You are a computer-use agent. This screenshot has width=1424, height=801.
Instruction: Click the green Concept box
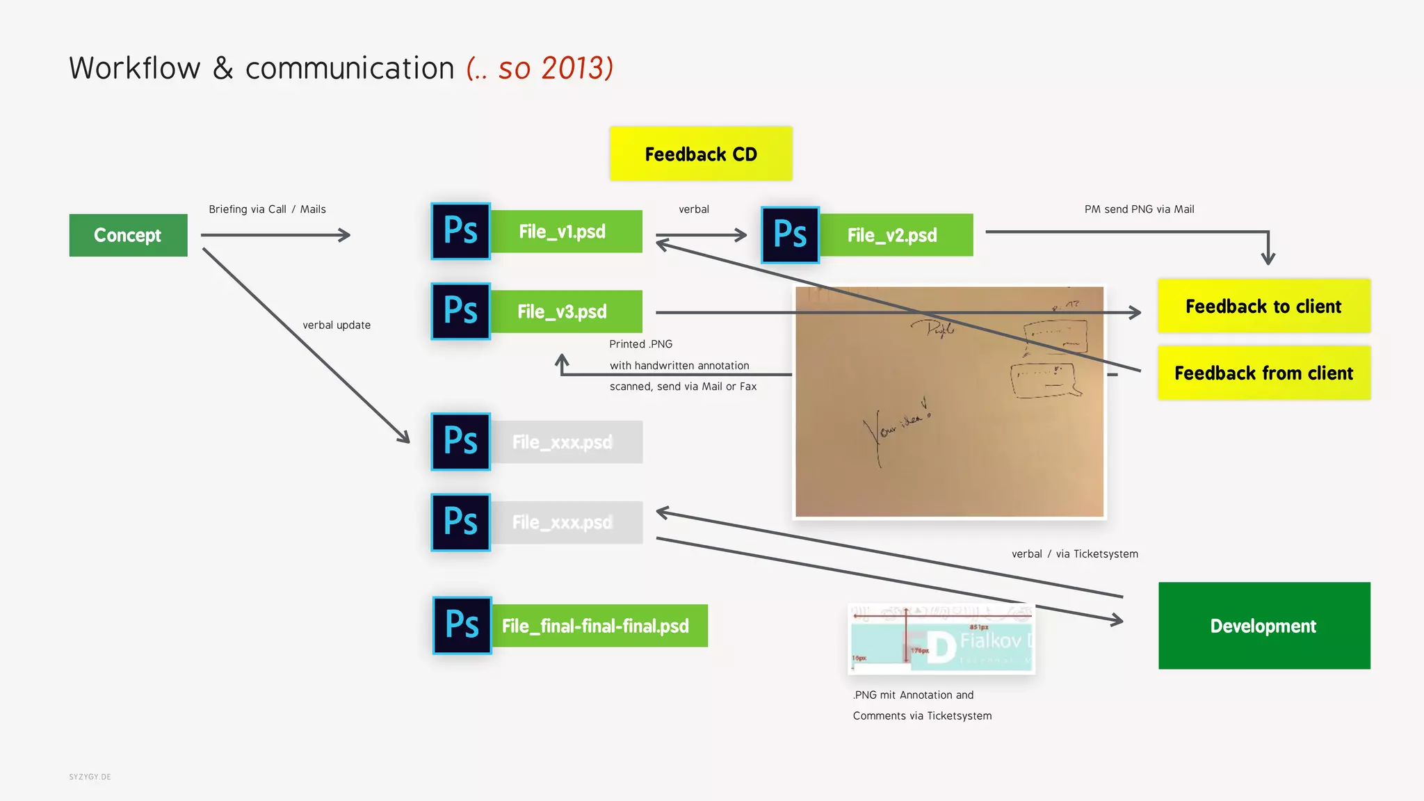128,235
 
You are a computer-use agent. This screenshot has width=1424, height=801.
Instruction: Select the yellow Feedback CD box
701,154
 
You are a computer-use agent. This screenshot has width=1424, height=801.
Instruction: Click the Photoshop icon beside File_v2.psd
790,235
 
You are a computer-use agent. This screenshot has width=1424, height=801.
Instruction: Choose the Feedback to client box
1263,306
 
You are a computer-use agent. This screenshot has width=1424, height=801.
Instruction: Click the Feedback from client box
1263,373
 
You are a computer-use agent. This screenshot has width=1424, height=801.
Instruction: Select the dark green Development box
1263,626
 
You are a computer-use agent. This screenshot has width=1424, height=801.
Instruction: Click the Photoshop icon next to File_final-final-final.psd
462,625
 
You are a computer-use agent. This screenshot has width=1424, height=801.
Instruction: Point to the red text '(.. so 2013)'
540,68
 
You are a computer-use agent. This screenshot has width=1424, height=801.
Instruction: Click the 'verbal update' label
337,325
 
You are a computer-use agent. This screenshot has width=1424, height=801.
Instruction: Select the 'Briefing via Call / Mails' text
267,209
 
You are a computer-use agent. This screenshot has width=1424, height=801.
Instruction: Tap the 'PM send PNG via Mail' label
1139,209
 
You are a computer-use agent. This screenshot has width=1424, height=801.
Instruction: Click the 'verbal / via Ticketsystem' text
1074,554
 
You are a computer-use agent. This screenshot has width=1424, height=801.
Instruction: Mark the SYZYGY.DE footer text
90,777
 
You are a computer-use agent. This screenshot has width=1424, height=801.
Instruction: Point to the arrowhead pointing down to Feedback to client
1268,259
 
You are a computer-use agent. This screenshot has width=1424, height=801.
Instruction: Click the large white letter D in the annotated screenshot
941,647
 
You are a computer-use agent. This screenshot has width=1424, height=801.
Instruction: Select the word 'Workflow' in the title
135,68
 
